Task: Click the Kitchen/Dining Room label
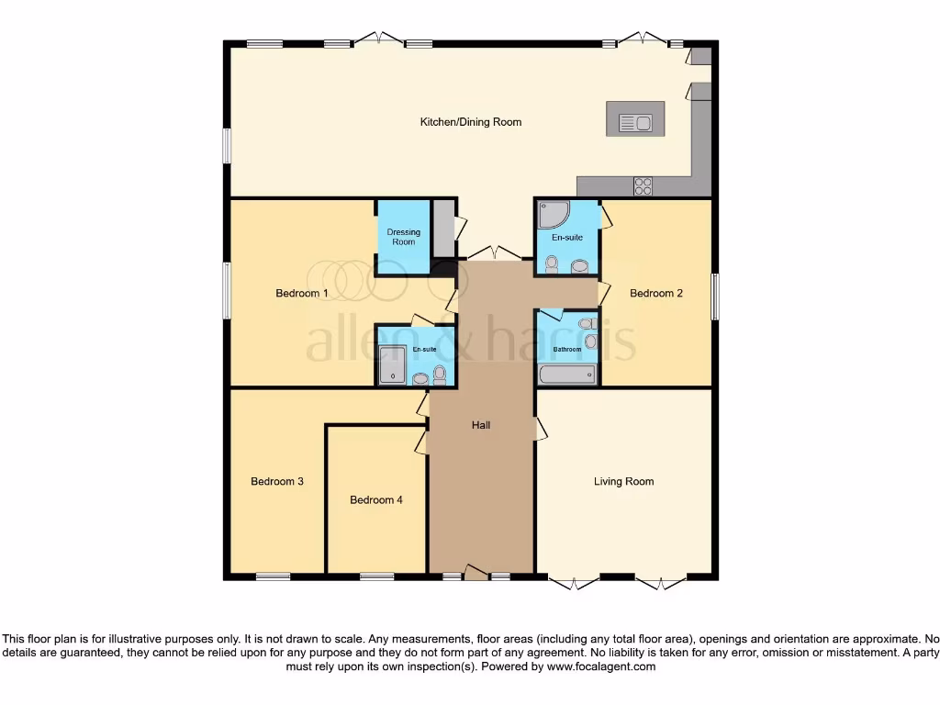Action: (470, 122)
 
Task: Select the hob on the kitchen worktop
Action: (643, 185)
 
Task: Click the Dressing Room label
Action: (403, 237)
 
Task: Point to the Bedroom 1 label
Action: (302, 294)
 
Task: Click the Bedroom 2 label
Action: (655, 294)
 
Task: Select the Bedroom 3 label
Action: (277, 482)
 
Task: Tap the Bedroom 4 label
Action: (375, 500)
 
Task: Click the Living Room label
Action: (623, 481)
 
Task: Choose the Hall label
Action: (481, 425)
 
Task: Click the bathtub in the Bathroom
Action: (567, 375)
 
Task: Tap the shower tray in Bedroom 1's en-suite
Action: (392, 365)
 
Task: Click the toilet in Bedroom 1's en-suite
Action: (440, 374)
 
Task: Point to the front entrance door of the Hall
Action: (475, 574)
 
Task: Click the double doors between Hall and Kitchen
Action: (495, 252)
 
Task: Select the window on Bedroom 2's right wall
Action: (714, 296)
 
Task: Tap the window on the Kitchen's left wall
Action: (227, 146)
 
